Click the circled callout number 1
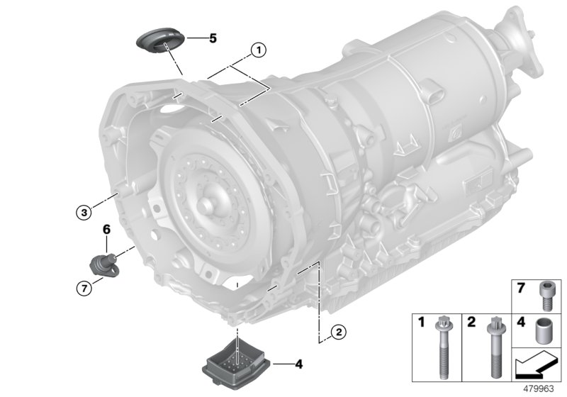(x=259, y=50)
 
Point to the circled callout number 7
(x=84, y=287)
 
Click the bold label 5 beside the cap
(x=213, y=39)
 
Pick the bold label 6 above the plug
(x=107, y=230)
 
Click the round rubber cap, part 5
(x=159, y=39)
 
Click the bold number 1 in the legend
(x=420, y=322)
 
